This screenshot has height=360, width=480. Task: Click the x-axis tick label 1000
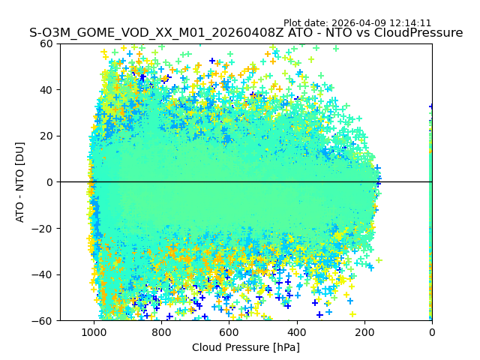point(94,332)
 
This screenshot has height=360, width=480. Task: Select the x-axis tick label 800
point(161,332)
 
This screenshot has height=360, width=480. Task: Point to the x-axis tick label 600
point(229,332)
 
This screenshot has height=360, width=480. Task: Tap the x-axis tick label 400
point(296,332)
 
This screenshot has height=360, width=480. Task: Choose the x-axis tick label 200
point(364,332)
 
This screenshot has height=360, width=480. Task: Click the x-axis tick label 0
point(431,332)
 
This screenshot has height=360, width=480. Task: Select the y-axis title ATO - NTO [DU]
point(21,182)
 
